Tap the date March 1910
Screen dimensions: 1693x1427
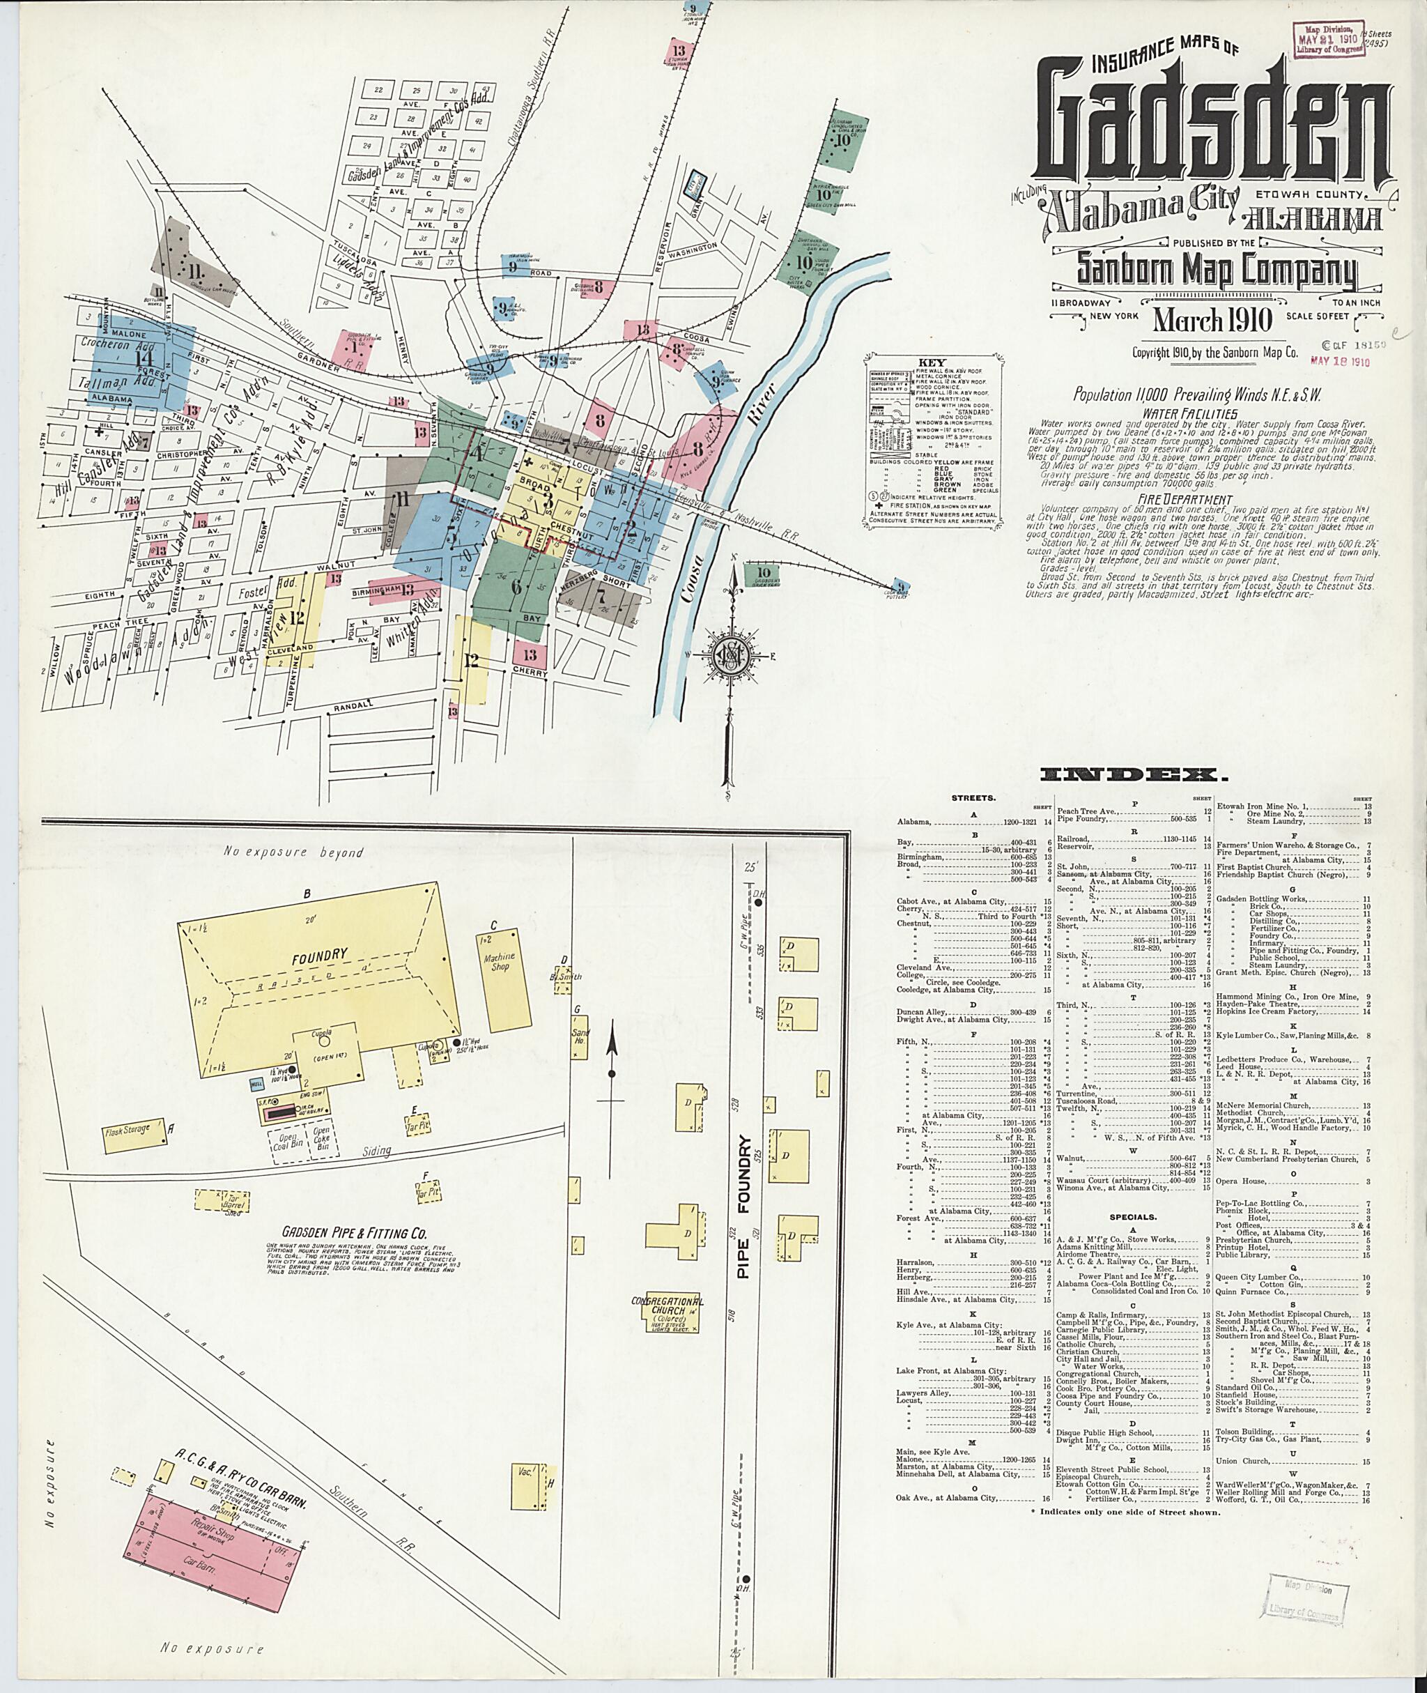click(x=1211, y=320)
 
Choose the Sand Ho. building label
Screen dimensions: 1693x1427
click(x=579, y=1034)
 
